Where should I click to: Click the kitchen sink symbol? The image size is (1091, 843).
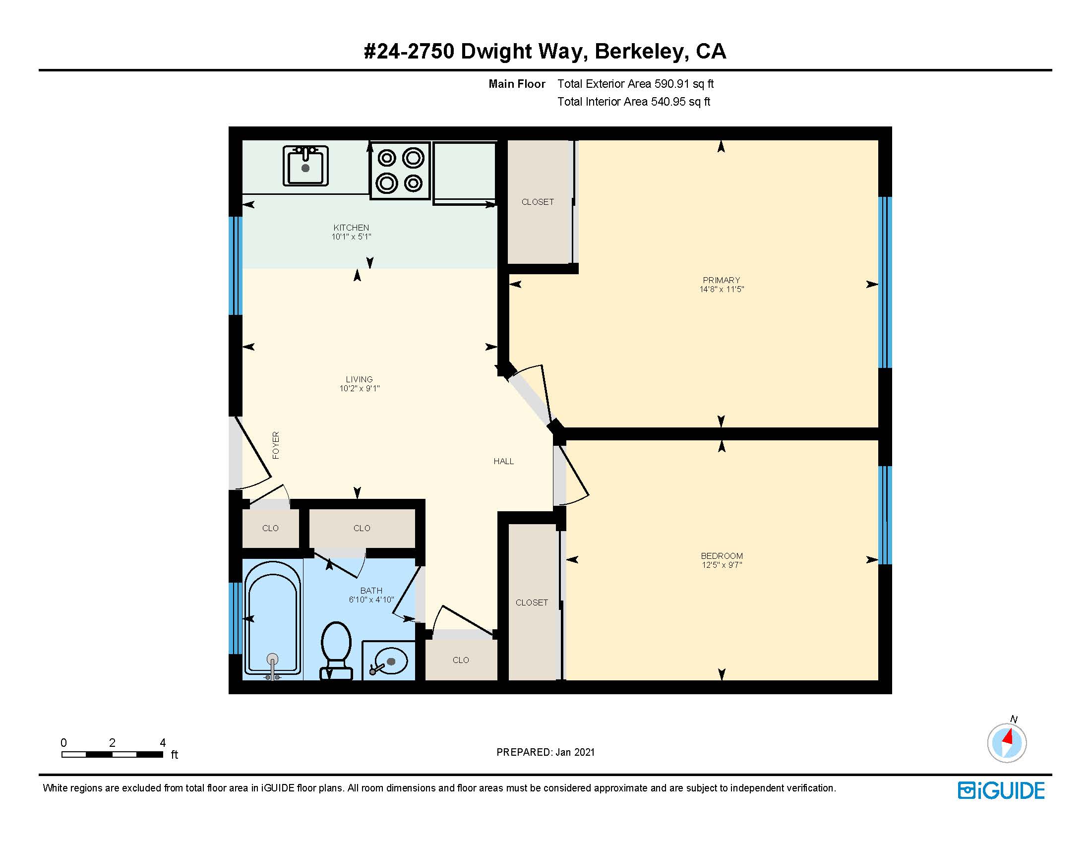(x=305, y=165)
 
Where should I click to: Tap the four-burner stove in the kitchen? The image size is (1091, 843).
(x=400, y=171)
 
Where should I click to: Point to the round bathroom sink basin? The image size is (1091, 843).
(x=389, y=661)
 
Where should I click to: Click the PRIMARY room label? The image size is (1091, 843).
(x=721, y=280)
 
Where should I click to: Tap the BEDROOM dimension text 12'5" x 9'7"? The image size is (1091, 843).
(x=722, y=565)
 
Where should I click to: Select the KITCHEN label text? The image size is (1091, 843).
(x=351, y=228)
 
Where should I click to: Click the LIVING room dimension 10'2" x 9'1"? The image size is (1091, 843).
(x=359, y=389)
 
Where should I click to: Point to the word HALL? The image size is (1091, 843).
(x=503, y=462)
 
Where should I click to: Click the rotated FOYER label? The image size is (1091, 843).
(x=276, y=445)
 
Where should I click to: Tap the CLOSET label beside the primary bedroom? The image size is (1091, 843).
(x=538, y=202)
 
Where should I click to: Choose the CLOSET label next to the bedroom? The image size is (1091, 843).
(x=532, y=603)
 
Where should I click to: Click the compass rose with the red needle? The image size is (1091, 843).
(x=1007, y=743)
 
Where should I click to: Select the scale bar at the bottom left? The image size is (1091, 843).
(x=113, y=754)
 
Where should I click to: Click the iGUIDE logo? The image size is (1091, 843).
(x=1001, y=790)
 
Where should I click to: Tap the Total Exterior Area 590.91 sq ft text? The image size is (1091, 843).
(x=635, y=84)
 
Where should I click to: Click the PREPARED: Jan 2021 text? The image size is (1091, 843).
(x=545, y=752)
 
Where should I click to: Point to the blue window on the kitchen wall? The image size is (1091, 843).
(x=235, y=265)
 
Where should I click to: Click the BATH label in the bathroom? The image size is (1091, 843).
(x=371, y=591)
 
